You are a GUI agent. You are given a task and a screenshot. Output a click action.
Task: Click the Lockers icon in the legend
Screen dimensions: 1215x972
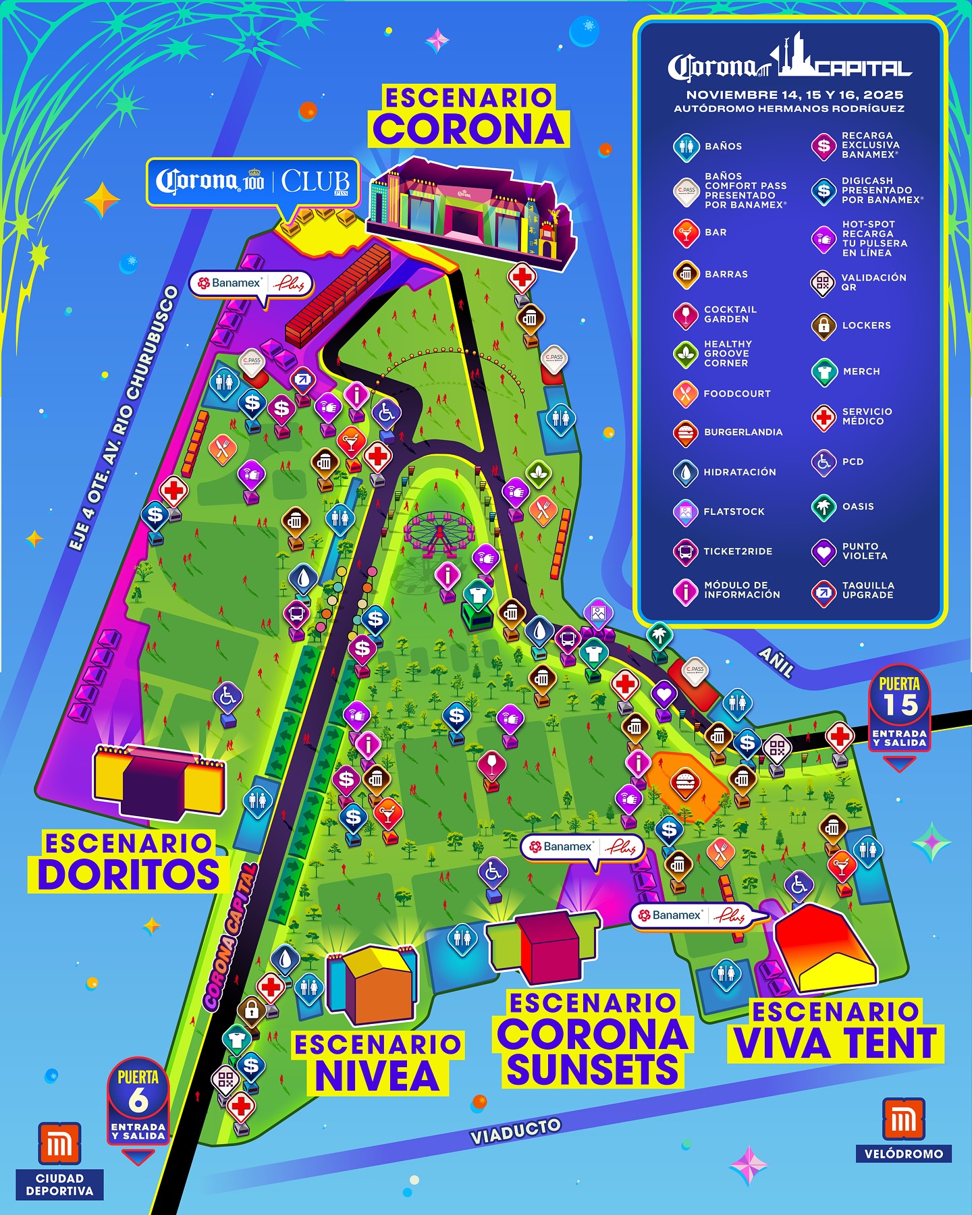point(823,326)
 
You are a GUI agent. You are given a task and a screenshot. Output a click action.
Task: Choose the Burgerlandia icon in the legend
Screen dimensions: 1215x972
point(686,433)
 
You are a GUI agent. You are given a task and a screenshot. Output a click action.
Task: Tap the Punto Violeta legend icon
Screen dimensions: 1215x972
point(823,551)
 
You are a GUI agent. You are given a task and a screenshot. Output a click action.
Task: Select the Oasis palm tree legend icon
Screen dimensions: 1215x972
point(823,507)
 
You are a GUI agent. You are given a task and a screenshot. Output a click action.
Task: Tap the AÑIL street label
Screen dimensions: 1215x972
point(776,662)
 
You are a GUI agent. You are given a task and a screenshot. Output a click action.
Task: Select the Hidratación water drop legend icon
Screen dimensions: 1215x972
point(686,473)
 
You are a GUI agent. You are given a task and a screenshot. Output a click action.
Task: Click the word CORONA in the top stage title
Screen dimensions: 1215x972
point(468,129)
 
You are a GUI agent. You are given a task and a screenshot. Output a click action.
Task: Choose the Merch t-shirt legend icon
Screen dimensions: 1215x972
point(823,372)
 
